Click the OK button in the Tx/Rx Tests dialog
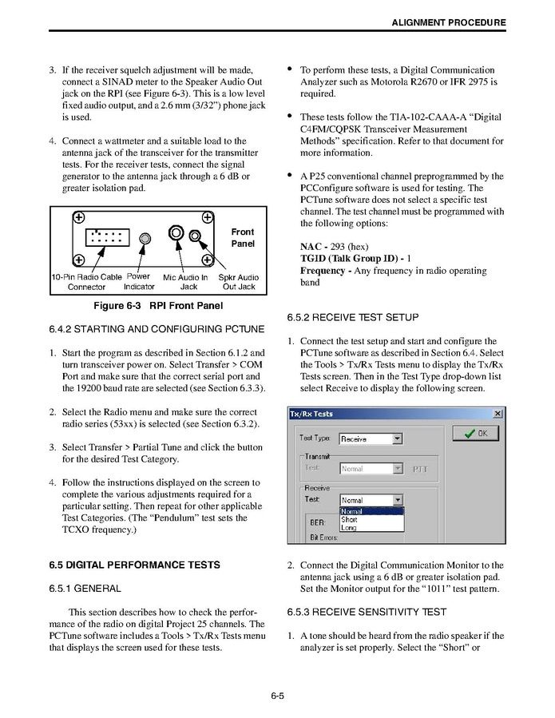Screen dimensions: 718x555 [x=475, y=434]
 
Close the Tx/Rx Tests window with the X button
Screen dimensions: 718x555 [x=498, y=414]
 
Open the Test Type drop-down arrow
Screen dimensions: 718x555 [x=397, y=438]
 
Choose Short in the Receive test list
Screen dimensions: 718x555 [x=349, y=520]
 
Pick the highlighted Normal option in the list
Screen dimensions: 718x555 [x=352, y=511]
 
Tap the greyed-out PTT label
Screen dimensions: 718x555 [x=419, y=469]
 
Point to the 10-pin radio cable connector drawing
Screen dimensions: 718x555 [x=107, y=237]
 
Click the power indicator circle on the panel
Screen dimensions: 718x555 [x=144, y=238]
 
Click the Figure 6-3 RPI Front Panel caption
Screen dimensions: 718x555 [x=158, y=305]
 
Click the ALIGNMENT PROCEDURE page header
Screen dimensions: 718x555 [x=448, y=22]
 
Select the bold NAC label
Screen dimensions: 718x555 [x=311, y=247]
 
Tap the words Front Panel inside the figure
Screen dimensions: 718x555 [x=243, y=237]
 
